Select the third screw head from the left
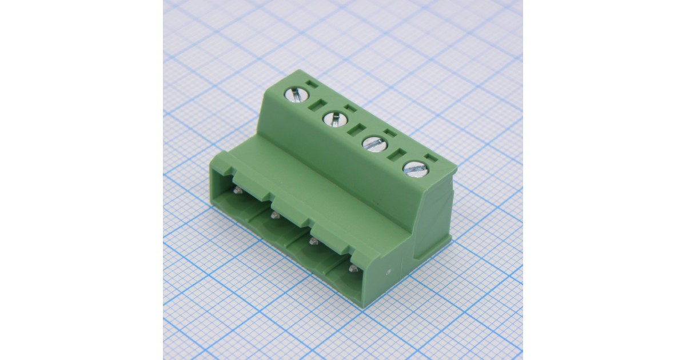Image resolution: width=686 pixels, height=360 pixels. point(373,143)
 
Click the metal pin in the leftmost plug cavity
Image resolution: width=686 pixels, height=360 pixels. point(238,190)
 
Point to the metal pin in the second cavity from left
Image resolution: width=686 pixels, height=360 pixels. point(274,216)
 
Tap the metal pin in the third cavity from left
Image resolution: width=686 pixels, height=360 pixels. point(313,242)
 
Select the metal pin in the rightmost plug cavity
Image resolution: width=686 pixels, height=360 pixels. point(353,268)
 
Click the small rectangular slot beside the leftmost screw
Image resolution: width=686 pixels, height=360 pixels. point(311,84)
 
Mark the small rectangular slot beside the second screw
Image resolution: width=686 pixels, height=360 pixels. point(350,108)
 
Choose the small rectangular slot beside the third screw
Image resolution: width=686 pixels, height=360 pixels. point(390,133)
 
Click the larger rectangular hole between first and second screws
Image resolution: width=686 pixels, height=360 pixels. point(318,105)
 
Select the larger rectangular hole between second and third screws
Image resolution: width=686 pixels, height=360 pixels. point(357,129)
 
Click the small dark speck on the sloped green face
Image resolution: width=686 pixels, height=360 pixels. point(376,201)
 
